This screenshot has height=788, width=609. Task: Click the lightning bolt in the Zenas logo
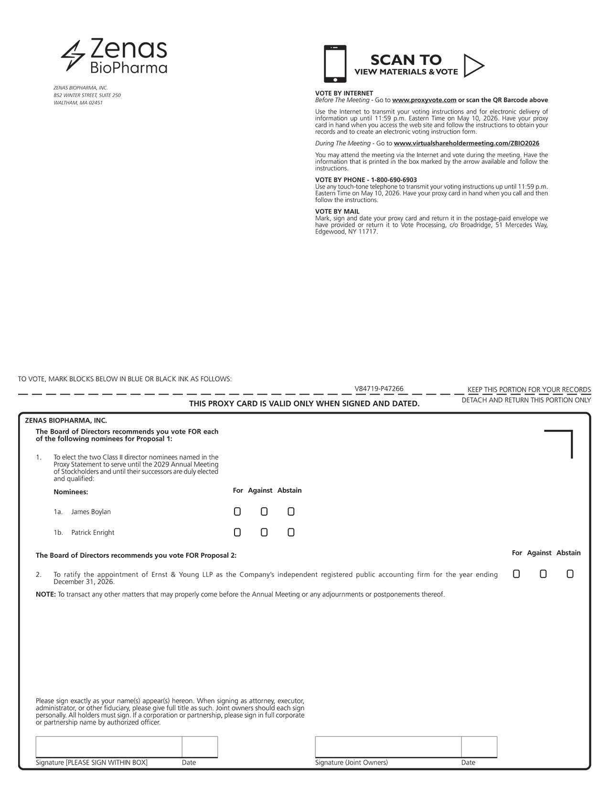pos(73,56)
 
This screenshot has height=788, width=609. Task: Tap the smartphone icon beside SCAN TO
pos(335,64)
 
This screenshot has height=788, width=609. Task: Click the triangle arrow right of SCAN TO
pos(473,65)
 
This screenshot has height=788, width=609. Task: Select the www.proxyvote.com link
pos(424,100)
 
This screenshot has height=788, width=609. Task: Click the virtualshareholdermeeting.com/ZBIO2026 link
pos(466,143)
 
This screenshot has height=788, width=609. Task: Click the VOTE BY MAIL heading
pos(337,212)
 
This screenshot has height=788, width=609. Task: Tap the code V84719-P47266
pos(379,389)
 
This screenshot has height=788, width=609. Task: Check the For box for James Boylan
pos(237,512)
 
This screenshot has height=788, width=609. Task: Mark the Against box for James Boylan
pos(264,512)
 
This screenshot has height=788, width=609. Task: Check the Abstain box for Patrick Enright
pos(291,532)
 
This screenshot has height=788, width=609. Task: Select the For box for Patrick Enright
pos(237,532)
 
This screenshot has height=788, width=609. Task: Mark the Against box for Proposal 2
pos(543,574)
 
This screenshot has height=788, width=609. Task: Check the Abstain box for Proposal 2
pos(570,574)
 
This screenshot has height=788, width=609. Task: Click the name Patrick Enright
pos(93,532)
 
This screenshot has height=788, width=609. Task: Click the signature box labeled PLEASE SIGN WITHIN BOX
pos(108,747)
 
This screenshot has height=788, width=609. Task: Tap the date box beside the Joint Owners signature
pos(479,747)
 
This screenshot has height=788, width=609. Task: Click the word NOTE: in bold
pos(46,595)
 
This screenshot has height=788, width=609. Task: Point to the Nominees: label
pos(71,492)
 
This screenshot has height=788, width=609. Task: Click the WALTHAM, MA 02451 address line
pos(78,103)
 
